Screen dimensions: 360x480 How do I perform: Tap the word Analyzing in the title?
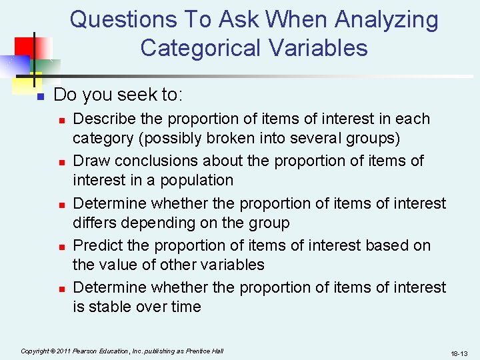(x=387, y=20)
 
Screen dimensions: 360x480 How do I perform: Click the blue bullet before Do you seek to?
(x=39, y=97)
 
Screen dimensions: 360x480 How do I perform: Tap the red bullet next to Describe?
(x=61, y=120)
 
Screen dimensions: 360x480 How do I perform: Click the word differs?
(x=91, y=222)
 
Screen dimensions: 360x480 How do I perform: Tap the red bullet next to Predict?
(x=61, y=247)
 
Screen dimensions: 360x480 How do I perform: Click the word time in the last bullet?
(x=186, y=307)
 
